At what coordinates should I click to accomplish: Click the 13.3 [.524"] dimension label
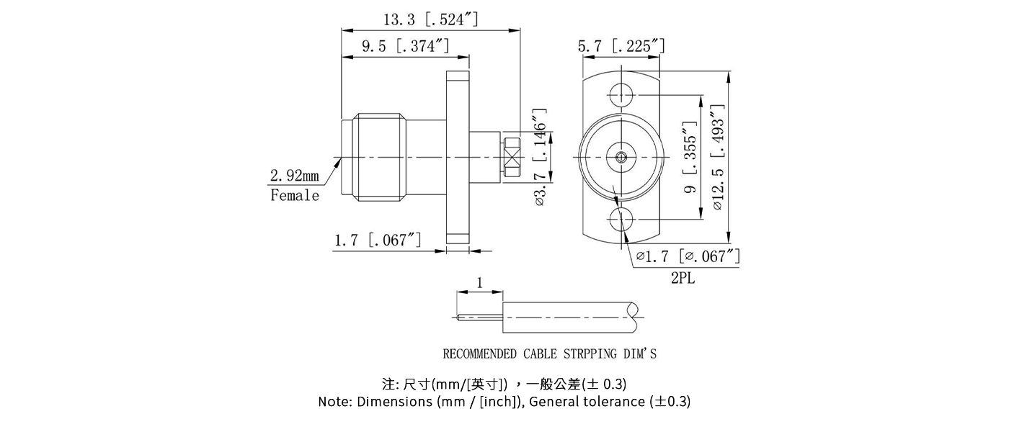[431, 19]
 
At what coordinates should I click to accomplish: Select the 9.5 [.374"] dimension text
[406, 46]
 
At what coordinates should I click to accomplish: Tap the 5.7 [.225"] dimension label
[621, 46]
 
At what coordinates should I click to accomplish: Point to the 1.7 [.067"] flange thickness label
[378, 240]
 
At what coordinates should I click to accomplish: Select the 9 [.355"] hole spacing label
[690, 158]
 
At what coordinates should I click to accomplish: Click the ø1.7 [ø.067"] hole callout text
[688, 256]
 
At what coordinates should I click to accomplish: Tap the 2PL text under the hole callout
[683, 278]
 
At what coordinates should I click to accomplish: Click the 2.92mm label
[294, 175]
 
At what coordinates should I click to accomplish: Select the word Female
[294, 195]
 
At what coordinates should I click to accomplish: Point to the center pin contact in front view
[620, 156]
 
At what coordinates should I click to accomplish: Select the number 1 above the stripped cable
[480, 283]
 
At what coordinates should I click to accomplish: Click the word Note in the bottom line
[335, 402]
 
